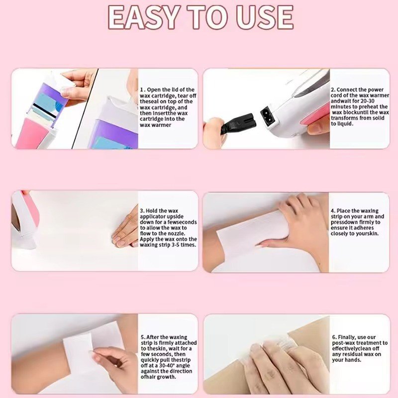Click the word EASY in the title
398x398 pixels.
144,17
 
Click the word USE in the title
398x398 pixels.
265,17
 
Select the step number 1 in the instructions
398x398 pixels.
142,90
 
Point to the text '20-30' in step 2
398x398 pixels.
368,101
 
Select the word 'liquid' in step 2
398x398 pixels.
345,124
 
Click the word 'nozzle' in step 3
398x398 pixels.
177,233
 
